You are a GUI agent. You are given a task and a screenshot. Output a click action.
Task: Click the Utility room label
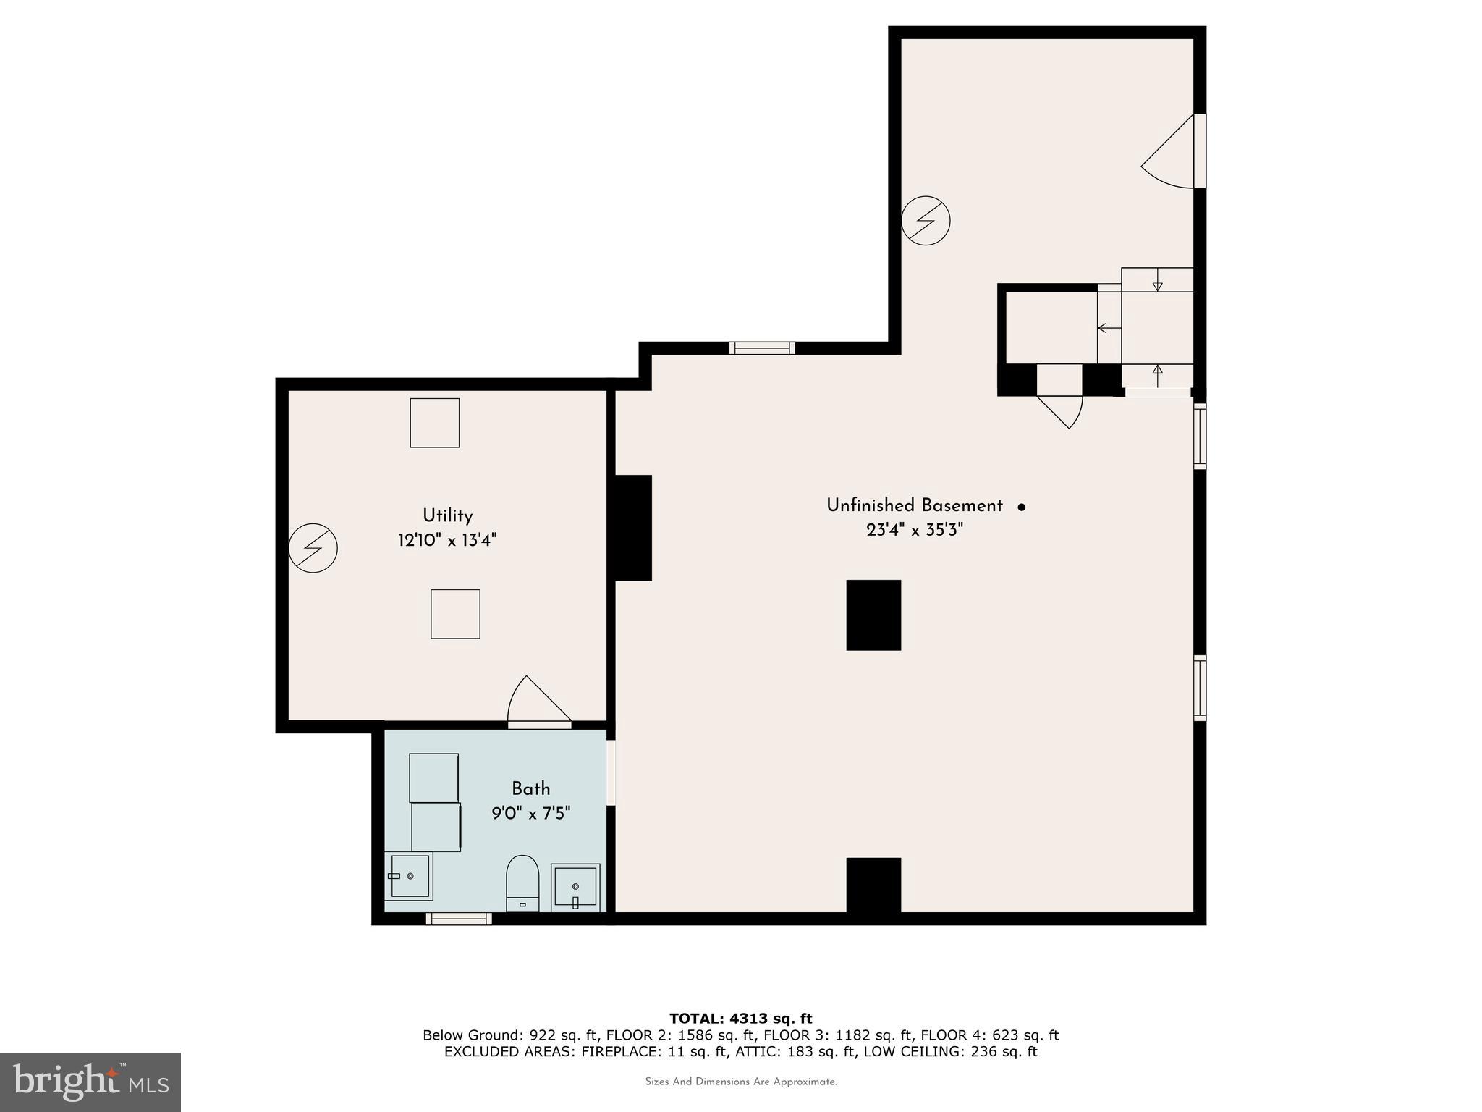pos(447,516)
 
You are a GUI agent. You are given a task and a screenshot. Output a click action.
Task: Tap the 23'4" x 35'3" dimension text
pos(915,531)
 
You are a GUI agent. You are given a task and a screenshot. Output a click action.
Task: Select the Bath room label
pos(530,789)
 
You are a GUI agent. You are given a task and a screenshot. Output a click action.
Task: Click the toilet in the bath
pos(522,883)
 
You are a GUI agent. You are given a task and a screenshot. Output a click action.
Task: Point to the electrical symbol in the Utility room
pos(313,548)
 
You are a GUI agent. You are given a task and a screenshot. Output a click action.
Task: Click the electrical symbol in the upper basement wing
pos(926,220)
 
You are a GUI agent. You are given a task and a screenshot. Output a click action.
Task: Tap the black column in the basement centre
pos(873,615)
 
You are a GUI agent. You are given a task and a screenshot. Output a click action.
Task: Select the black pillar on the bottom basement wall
pos(873,885)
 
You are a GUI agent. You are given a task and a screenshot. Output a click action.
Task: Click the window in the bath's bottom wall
pos(459,919)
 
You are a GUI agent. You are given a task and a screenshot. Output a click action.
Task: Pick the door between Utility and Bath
pos(539,702)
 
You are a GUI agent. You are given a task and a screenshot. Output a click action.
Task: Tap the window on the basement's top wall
pos(762,348)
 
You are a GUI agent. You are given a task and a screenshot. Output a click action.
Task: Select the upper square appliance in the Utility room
pos(435,423)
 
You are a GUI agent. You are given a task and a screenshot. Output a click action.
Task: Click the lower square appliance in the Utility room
pos(455,614)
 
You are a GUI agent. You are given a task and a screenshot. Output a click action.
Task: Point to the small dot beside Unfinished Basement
pos(1022,507)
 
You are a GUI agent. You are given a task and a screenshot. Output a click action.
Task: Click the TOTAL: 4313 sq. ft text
pos(740,1019)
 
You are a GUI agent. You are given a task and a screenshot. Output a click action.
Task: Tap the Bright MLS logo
pos(90,1082)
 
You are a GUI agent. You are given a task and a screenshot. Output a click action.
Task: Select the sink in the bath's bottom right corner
pos(575,887)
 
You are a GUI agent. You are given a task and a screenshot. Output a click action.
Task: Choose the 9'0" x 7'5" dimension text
pos(530,814)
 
